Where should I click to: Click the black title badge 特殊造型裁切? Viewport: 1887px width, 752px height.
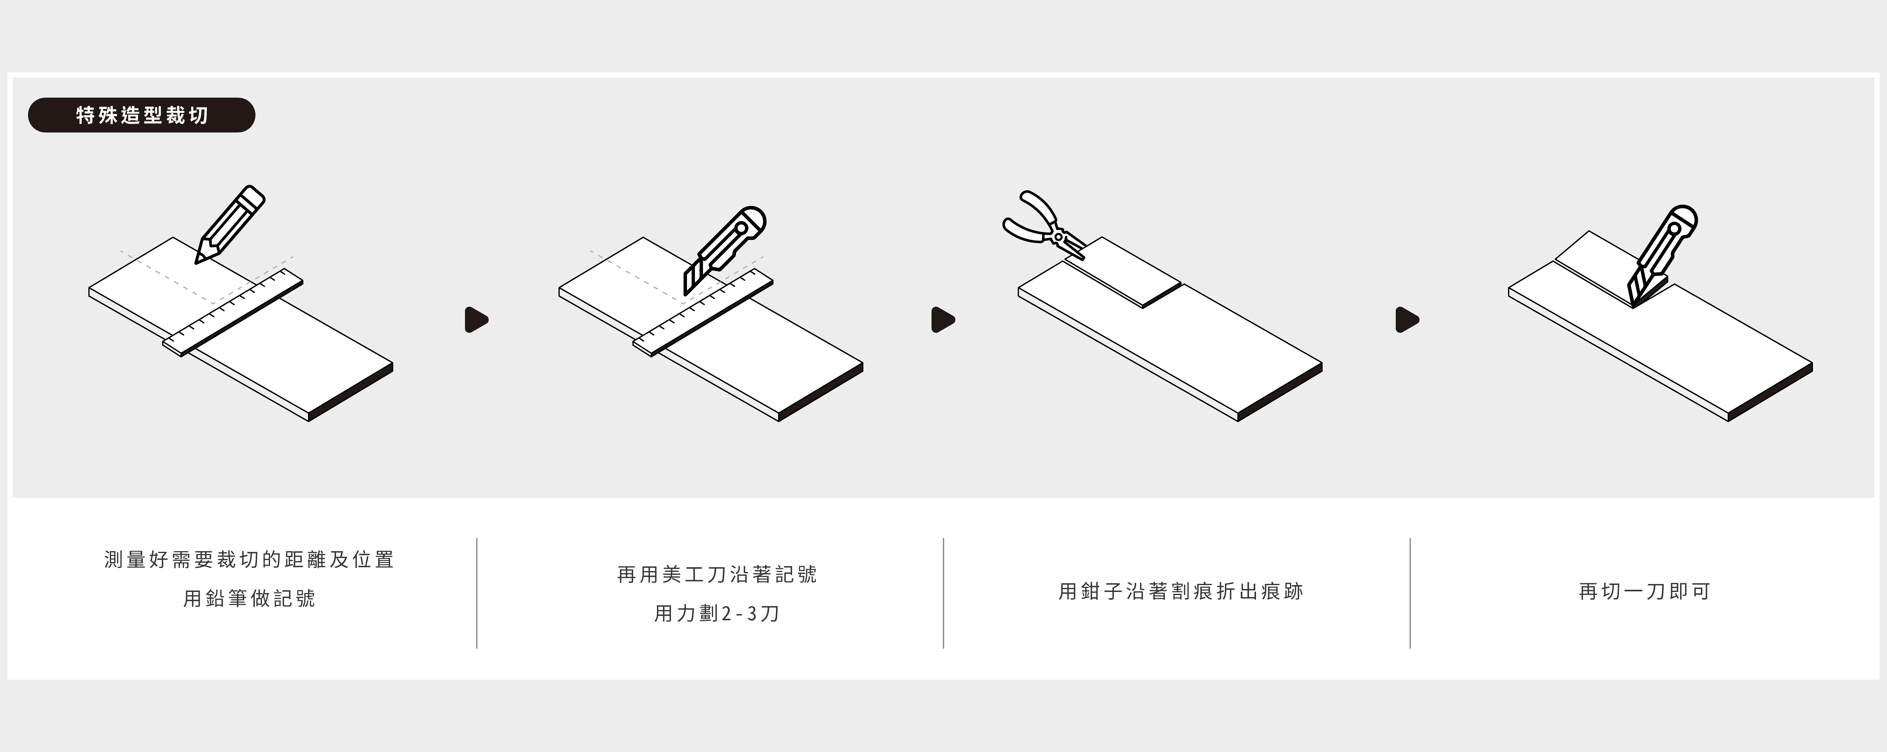pyautogui.click(x=141, y=115)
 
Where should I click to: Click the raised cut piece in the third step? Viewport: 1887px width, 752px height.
pyautogui.click(x=1124, y=271)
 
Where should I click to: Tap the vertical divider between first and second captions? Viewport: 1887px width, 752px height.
pyautogui.click(x=477, y=593)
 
